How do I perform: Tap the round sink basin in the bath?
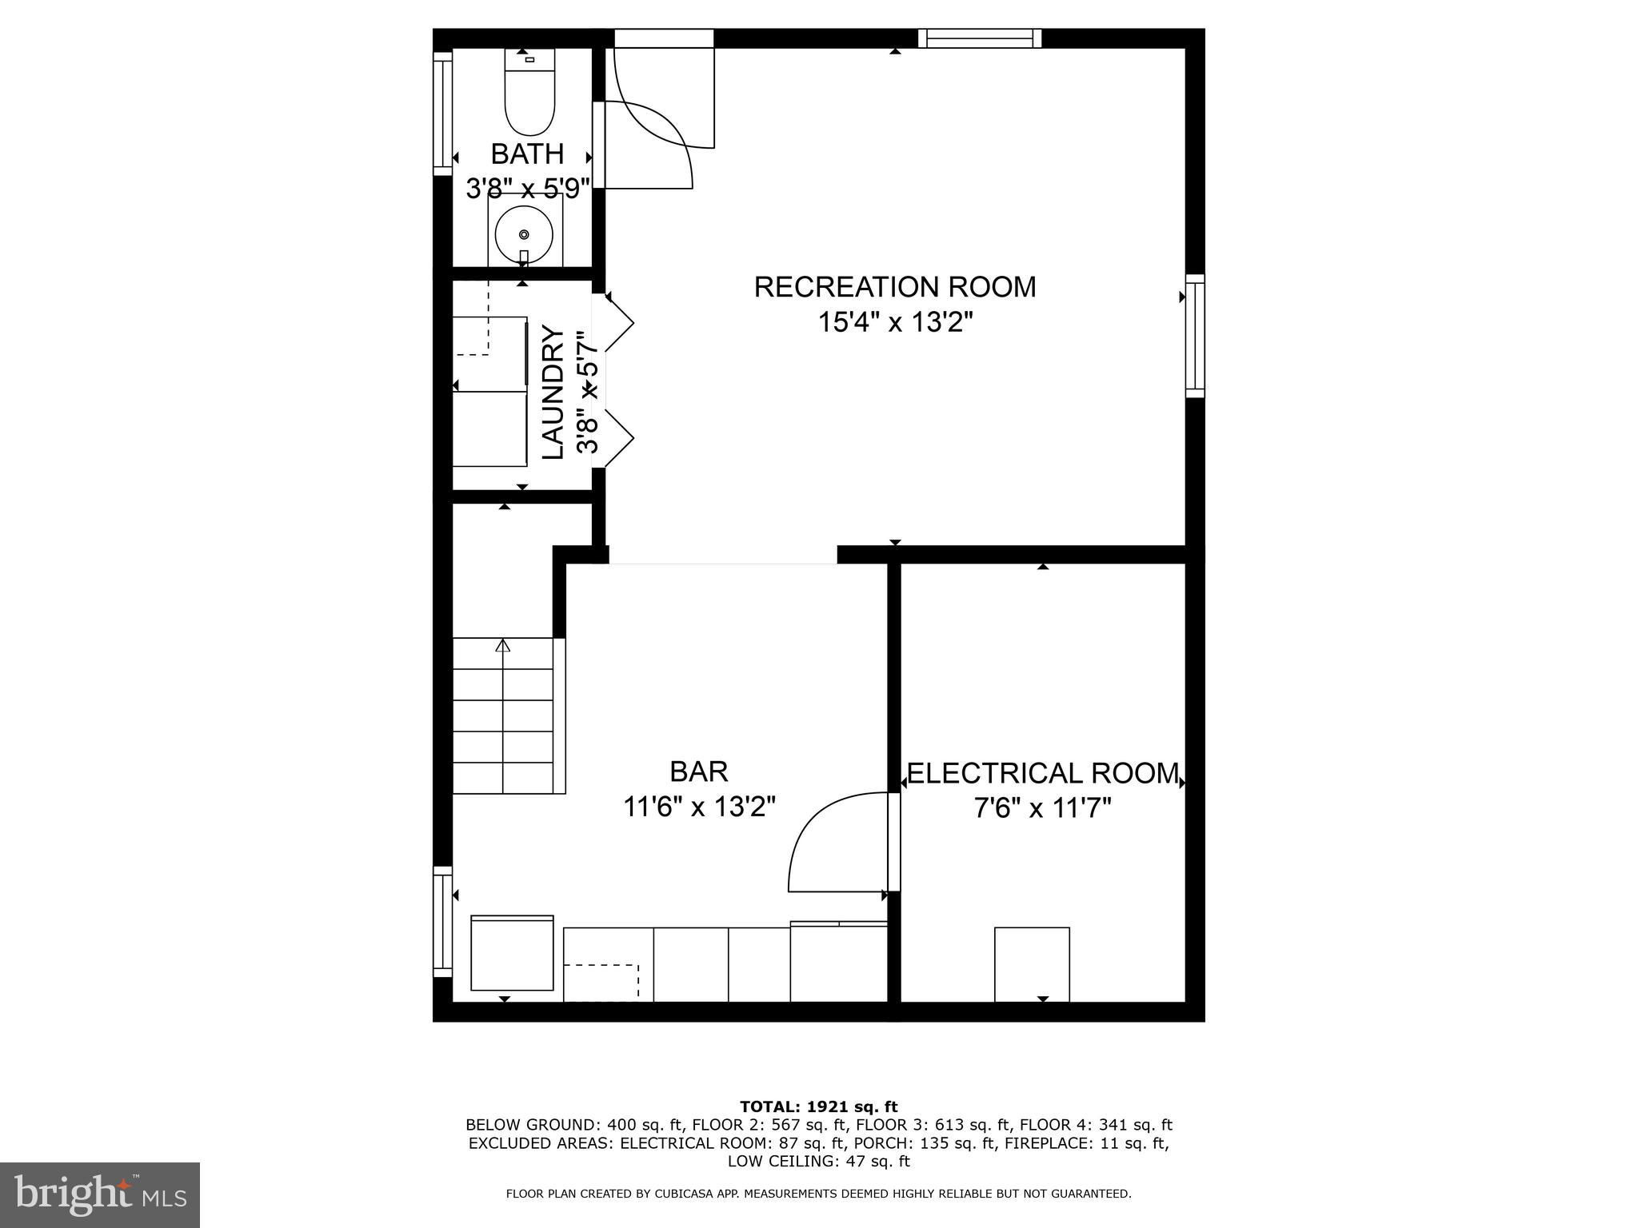(x=524, y=234)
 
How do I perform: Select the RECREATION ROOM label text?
(x=895, y=286)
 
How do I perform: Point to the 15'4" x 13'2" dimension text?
(x=895, y=322)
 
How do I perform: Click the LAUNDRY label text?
(x=553, y=392)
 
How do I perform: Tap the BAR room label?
(x=699, y=771)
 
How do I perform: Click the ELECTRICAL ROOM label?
(x=1043, y=773)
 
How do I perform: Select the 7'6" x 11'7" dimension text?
(x=1043, y=809)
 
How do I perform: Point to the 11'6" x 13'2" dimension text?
(x=700, y=807)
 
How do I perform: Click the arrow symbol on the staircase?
(x=503, y=646)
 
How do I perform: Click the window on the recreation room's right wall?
(x=1195, y=336)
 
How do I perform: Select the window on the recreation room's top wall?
(x=980, y=38)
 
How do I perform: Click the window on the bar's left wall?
(x=442, y=922)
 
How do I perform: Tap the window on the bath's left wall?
(x=442, y=114)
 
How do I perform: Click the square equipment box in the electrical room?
(x=1032, y=964)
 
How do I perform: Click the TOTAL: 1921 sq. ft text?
(x=819, y=1106)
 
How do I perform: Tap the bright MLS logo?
(x=100, y=1194)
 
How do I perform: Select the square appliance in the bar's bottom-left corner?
(x=512, y=953)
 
